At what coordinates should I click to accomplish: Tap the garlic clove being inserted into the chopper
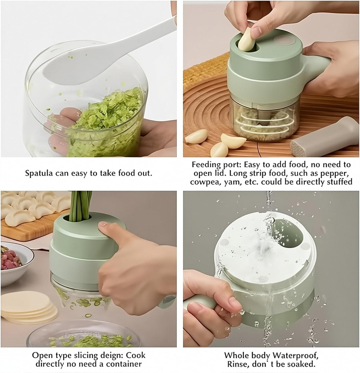point(248,40)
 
